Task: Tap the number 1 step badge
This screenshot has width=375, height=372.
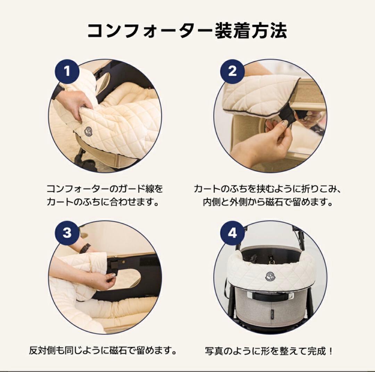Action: click(x=67, y=72)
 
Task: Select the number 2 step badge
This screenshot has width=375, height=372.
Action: click(x=232, y=72)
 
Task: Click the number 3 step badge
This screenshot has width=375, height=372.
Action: click(x=67, y=233)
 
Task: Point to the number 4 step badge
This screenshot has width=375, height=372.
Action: click(x=232, y=233)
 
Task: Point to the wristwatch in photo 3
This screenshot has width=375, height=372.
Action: click(x=85, y=248)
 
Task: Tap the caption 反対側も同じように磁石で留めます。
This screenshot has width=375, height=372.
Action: click(x=103, y=350)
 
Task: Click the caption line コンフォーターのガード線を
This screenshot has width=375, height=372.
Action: click(x=105, y=189)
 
